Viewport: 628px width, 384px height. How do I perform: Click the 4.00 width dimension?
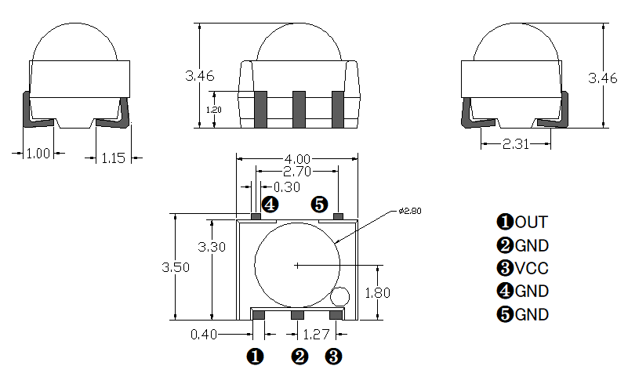(x=297, y=159)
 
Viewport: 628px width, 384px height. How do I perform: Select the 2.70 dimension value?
(x=297, y=172)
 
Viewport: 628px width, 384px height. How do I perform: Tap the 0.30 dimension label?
(x=287, y=187)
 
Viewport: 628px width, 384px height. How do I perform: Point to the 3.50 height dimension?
(x=176, y=267)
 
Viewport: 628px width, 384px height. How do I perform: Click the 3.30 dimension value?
(x=212, y=247)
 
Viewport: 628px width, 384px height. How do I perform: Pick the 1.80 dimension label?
(x=377, y=293)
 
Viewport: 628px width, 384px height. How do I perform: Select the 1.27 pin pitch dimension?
(x=316, y=334)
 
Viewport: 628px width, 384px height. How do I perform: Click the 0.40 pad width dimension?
(x=204, y=334)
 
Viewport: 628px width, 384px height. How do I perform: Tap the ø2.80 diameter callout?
(x=410, y=211)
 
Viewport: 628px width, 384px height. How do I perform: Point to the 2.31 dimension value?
(x=516, y=143)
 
